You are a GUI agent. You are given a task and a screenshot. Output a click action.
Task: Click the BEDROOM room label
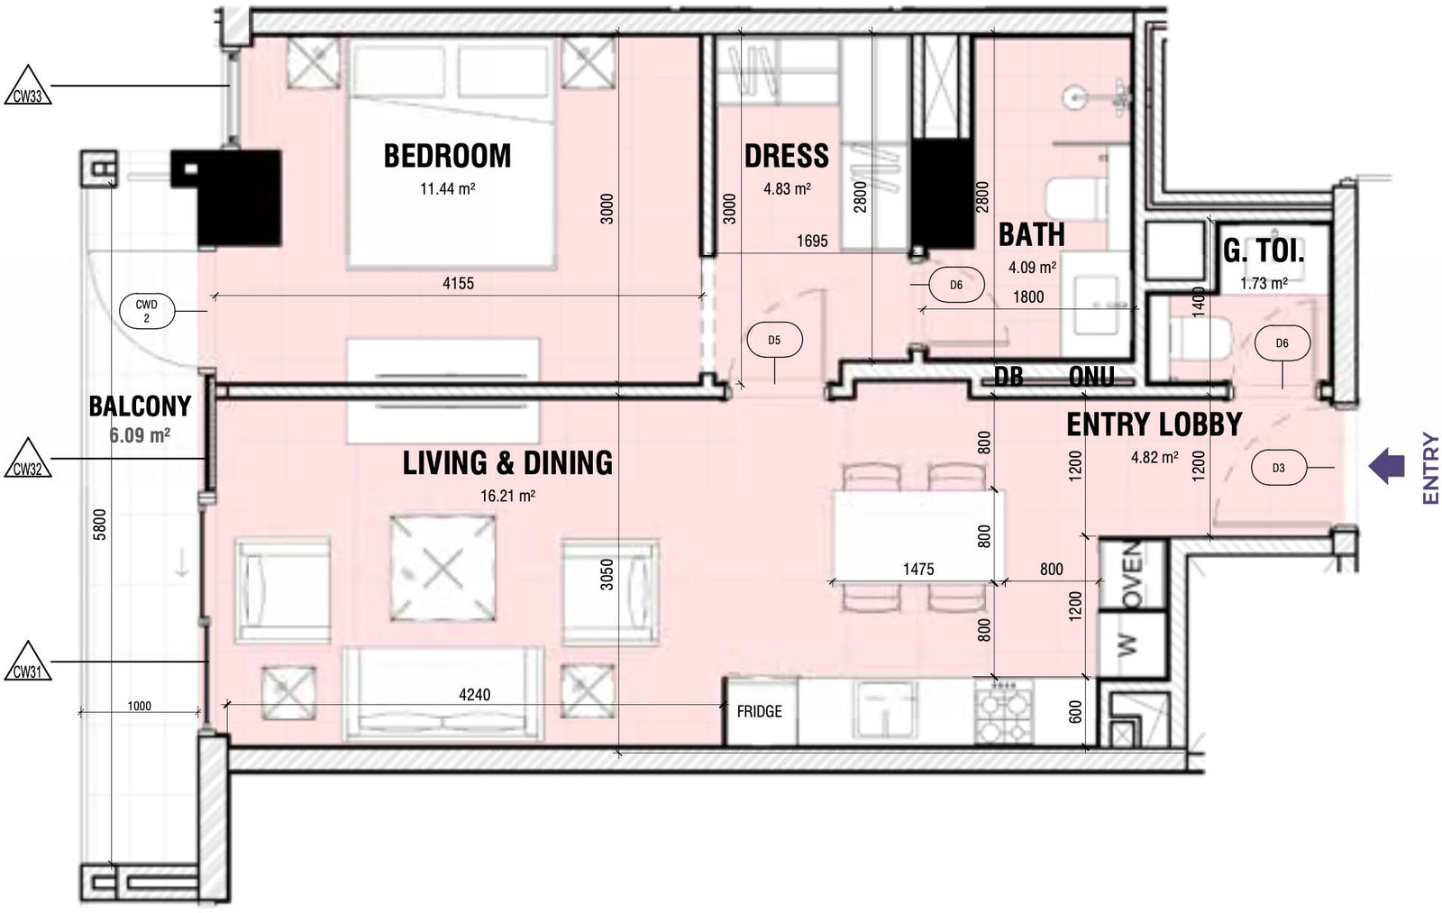click(447, 156)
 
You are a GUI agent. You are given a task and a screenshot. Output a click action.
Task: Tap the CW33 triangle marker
click(28, 85)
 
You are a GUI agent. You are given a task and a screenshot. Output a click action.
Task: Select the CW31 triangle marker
click(28, 662)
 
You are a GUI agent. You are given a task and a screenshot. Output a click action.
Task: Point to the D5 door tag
click(774, 340)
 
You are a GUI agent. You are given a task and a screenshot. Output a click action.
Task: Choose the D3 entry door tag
click(1279, 468)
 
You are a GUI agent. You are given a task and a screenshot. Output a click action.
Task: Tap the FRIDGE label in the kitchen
click(759, 711)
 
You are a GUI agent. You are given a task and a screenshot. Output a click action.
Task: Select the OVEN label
click(1132, 574)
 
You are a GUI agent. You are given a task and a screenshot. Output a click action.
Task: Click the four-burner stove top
click(1003, 713)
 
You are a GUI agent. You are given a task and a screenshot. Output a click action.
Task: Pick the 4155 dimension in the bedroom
click(458, 283)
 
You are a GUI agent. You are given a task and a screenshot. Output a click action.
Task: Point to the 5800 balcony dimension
click(100, 525)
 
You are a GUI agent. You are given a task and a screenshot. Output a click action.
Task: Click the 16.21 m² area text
click(508, 496)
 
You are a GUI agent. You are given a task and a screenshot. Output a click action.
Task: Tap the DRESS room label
click(787, 156)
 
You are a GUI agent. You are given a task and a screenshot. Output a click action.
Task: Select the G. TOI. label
click(1264, 251)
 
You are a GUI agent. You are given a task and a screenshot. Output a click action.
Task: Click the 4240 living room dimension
click(474, 695)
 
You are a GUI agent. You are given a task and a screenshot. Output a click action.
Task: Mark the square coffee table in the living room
click(443, 568)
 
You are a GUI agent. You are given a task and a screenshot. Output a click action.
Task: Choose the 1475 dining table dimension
click(918, 570)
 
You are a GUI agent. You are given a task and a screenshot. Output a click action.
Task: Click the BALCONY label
click(140, 406)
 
